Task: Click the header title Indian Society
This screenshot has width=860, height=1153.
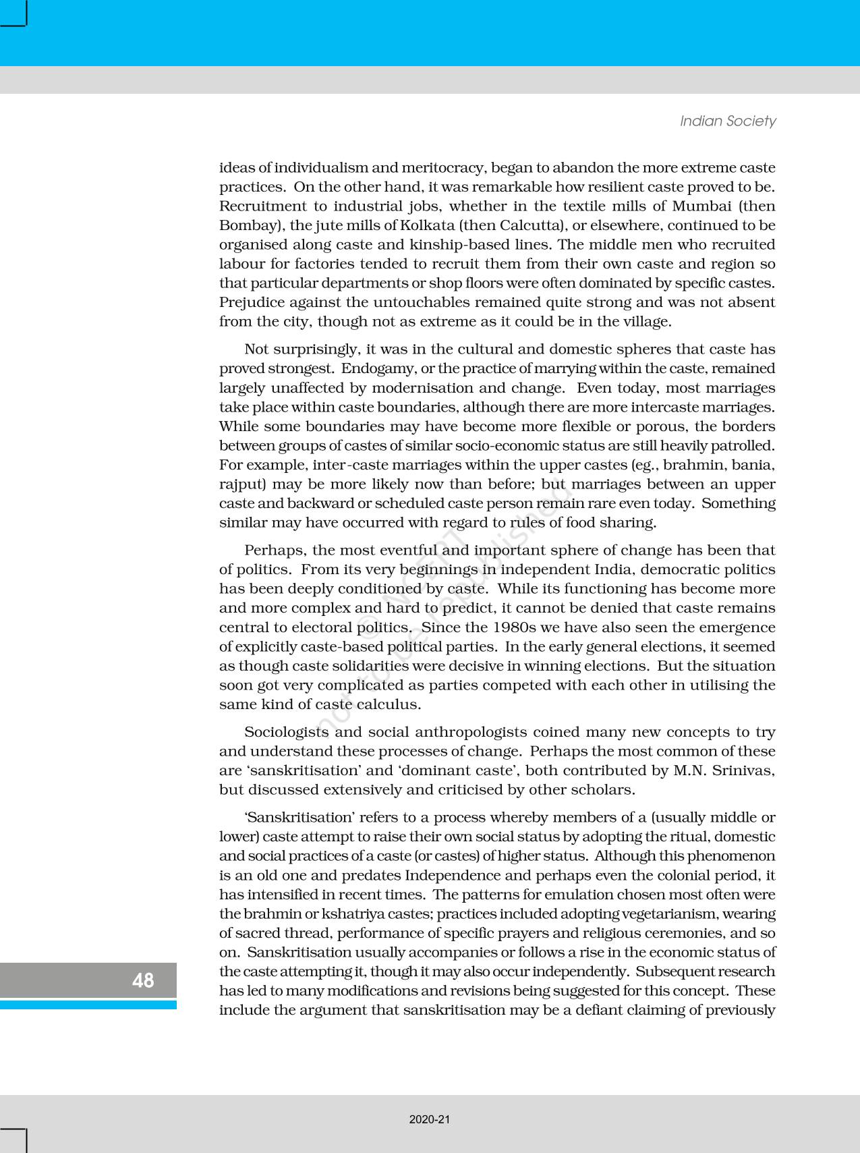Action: [x=727, y=121]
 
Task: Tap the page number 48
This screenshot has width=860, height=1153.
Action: [x=143, y=980]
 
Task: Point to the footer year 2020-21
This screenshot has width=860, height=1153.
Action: [x=430, y=1119]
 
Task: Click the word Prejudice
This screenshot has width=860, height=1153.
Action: [x=250, y=302]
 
